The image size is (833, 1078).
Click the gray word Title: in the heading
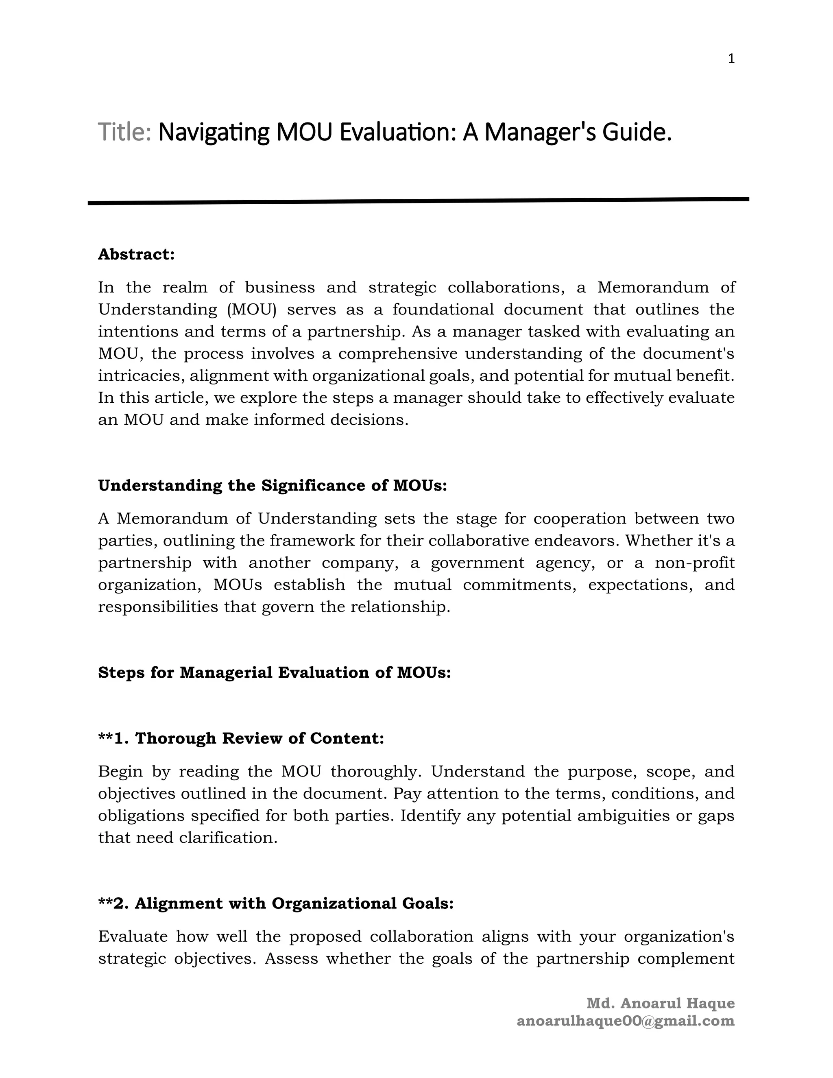click(x=124, y=132)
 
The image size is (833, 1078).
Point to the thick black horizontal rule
click(x=418, y=201)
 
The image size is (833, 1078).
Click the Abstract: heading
click(x=137, y=254)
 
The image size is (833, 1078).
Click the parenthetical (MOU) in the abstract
click(x=252, y=310)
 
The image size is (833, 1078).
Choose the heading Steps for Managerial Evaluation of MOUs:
click(x=275, y=672)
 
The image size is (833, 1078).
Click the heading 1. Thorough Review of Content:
click(x=241, y=738)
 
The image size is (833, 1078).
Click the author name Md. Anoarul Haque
click(x=660, y=1004)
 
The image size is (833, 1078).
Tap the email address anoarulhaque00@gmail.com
click(x=625, y=1021)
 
